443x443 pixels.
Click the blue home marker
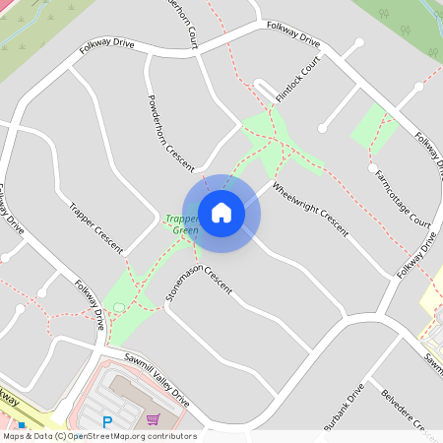click(221, 213)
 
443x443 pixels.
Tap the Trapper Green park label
click(181, 224)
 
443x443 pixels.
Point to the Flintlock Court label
click(298, 80)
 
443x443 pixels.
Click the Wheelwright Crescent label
click(310, 210)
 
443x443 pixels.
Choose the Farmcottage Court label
click(404, 197)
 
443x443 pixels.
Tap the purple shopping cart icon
click(153, 420)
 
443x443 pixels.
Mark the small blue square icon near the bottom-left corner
click(21, 425)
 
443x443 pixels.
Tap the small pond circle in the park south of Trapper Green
click(120, 308)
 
